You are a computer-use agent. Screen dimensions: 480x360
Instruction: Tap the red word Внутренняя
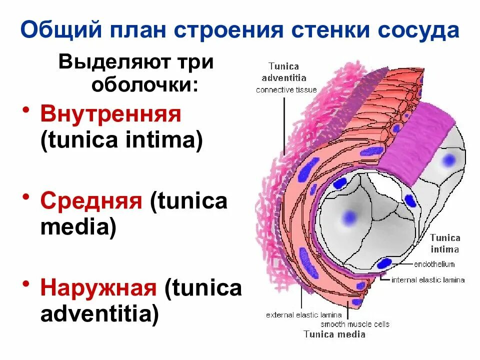pyautogui.click(x=110, y=114)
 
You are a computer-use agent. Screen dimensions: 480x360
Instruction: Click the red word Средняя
pyautogui.click(x=91, y=201)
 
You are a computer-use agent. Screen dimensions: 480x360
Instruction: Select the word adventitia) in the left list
pyautogui.click(x=99, y=314)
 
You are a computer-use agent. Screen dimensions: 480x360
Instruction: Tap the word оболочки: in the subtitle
pyautogui.click(x=144, y=84)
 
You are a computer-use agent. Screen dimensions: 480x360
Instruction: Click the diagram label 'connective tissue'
pyautogui.click(x=286, y=90)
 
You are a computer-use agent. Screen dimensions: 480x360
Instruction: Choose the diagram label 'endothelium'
pyautogui.click(x=434, y=264)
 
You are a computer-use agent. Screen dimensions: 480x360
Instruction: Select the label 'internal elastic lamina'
pyautogui.click(x=428, y=280)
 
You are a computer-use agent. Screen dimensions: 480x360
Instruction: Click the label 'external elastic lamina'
pyautogui.click(x=304, y=315)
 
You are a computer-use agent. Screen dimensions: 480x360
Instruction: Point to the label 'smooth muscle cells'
pyautogui.click(x=355, y=324)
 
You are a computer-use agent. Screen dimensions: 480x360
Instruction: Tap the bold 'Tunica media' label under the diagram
pyautogui.click(x=334, y=334)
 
